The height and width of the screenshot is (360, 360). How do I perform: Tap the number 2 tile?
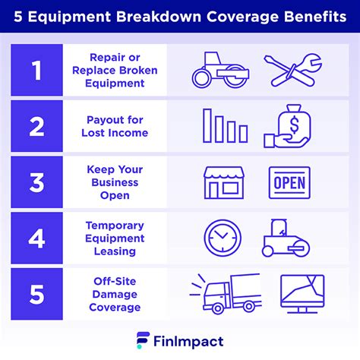[36, 126]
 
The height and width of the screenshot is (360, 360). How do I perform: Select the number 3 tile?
[36, 182]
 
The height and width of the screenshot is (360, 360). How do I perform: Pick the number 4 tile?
[36, 238]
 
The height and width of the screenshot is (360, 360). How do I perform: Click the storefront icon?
[223, 183]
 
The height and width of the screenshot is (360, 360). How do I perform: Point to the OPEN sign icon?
[289, 183]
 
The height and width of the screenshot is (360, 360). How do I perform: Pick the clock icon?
[221, 238]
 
